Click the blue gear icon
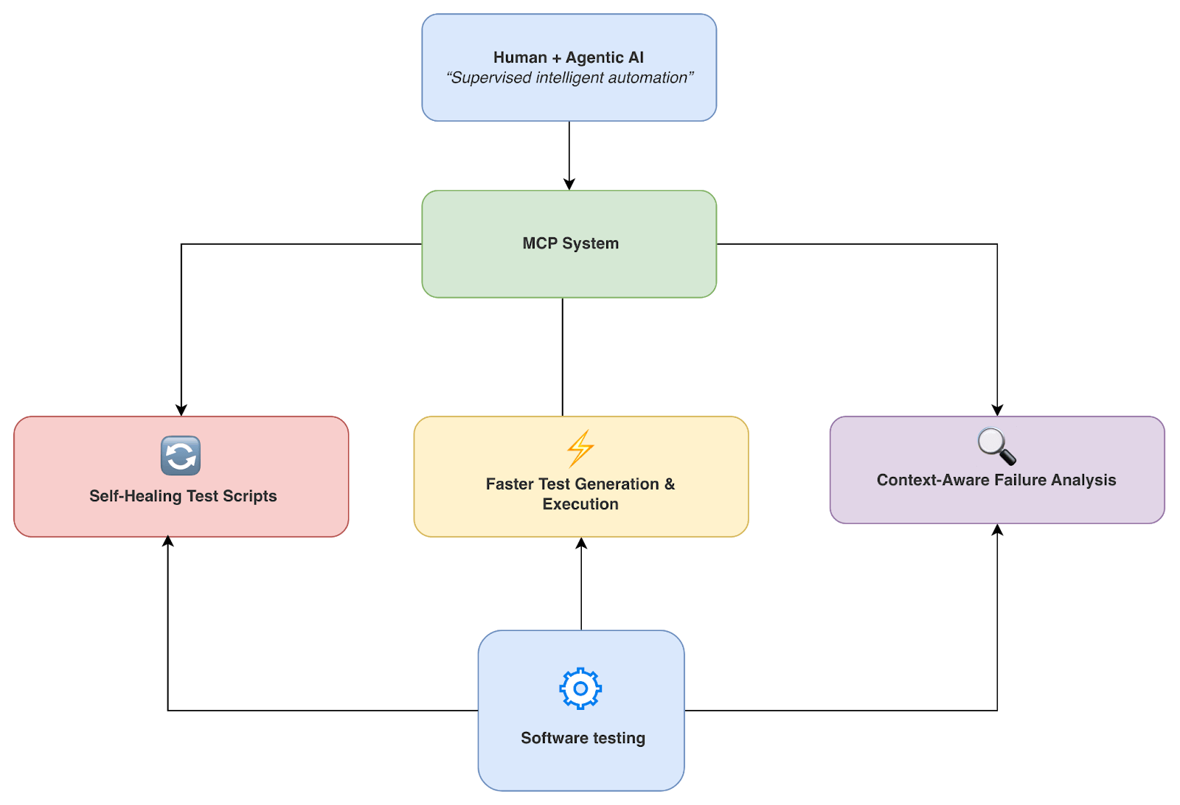pyautogui.click(x=580, y=689)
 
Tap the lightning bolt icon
pyautogui.click(x=580, y=448)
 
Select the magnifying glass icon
pyautogui.click(x=996, y=447)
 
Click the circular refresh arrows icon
pyautogui.click(x=181, y=456)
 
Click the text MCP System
pyautogui.click(x=570, y=243)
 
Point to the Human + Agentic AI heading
pyautogui.click(x=568, y=57)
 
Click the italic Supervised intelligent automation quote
pyautogui.click(x=569, y=78)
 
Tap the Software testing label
pyautogui.click(x=583, y=738)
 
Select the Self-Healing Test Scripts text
pyautogui.click(x=183, y=496)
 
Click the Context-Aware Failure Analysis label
pyautogui.click(x=996, y=480)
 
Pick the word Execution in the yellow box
pyautogui.click(x=580, y=504)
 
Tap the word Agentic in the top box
pyautogui.click(x=594, y=57)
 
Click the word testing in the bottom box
pyautogui.click(x=618, y=738)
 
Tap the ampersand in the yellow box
pyautogui.click(x=670, y=484)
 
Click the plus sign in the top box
pyautogui.click(x=556, y=58)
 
